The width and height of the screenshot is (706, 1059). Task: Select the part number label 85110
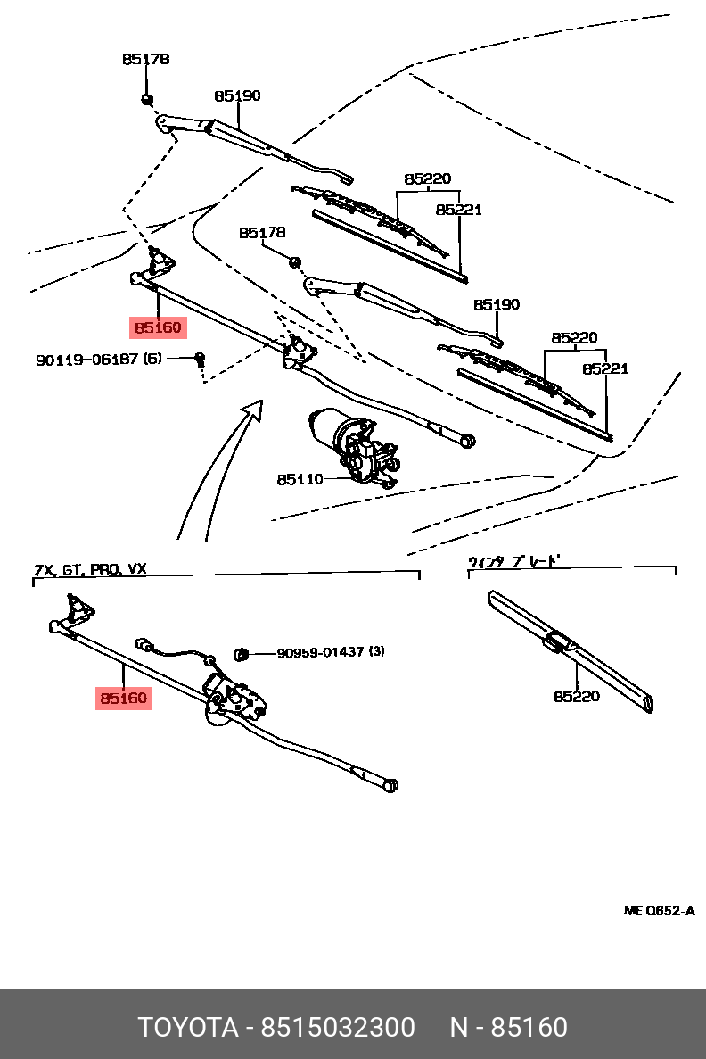300,479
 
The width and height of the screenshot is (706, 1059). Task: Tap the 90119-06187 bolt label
99,360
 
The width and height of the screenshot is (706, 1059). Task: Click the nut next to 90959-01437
240,655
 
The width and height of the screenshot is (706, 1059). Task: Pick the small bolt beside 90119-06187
201,359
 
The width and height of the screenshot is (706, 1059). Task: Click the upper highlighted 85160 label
158,328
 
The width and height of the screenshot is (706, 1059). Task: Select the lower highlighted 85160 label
123,698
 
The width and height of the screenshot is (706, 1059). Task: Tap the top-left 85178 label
145,60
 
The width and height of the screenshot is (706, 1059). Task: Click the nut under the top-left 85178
146,98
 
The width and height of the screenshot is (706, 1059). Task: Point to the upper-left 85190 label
237,95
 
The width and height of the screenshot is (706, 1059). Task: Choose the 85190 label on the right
496,304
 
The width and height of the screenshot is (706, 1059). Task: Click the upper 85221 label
458,210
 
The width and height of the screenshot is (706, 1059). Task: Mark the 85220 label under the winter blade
576,696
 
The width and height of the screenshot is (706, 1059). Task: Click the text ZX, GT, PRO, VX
90,568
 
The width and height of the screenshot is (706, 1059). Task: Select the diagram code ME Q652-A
659,911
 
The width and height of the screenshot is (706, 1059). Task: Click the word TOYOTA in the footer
186,1028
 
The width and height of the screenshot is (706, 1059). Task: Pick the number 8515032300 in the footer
337,1028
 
